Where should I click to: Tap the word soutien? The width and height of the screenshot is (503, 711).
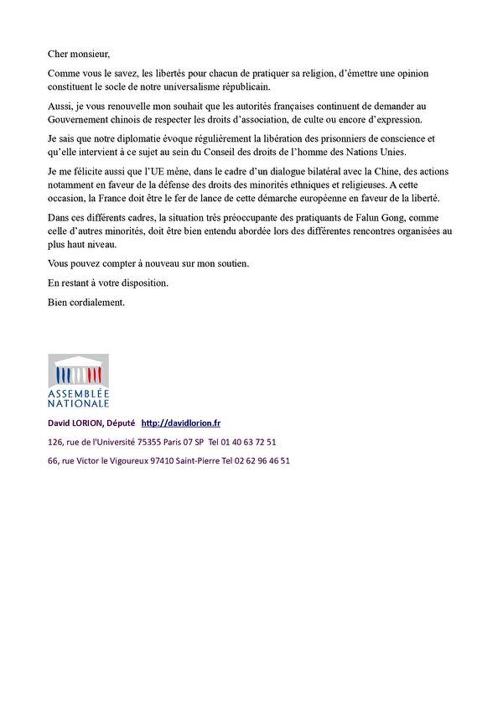pos(229,264)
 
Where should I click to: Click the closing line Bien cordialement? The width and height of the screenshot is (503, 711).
pos(86,301)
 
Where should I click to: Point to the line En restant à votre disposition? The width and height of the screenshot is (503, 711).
pos(108,283)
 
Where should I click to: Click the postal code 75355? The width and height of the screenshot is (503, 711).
pos(147,442)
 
